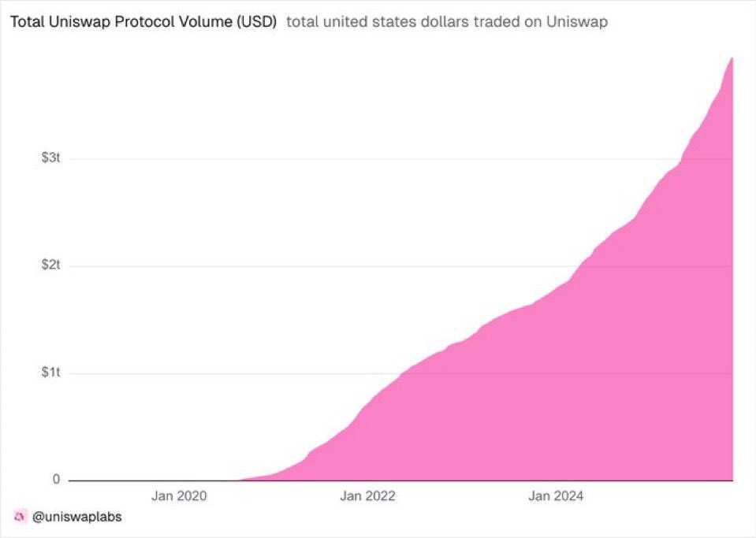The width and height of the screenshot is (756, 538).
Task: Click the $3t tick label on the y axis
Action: click(x=50, y=158)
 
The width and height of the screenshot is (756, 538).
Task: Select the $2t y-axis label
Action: click(x=50, y=265)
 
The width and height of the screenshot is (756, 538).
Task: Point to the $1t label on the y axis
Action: click(x=50, y=373)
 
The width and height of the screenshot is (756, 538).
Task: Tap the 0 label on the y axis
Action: click(x=56, y=480)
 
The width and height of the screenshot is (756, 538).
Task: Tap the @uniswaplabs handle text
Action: click(x=77, y=518)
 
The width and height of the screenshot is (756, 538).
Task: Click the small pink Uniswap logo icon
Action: click(x=20, y=518)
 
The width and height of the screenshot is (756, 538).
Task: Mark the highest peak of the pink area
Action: click(x=732, y=58)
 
